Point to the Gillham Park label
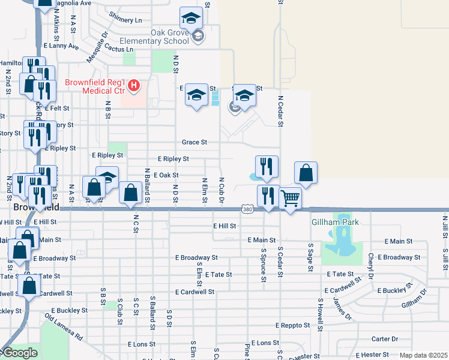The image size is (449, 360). pyautogui.click(x=335, y=222)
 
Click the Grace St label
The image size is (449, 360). pyautogui.click(x=194, y=143)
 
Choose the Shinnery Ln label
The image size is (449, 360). pyautogui.click(x=127, y=20)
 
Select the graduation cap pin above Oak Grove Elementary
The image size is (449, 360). pyautogui.click(x=191, y=18)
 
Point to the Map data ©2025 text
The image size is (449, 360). pyautogui.click(x=423, y=356)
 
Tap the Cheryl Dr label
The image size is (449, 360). pyautogui.click(x=371, y=262)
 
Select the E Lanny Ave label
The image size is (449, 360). pyautogui.click(x=61, y=46)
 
